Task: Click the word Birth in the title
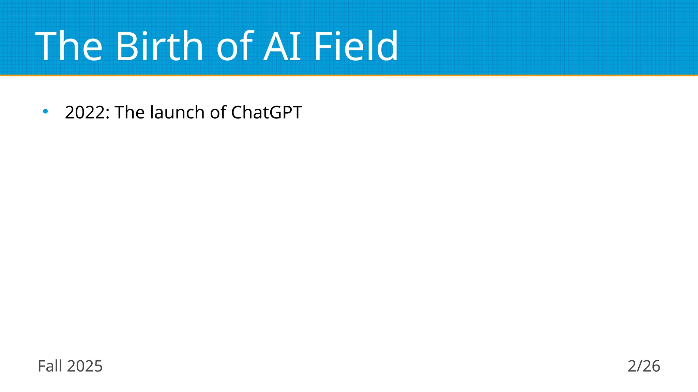tap(160, 46)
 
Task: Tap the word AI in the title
tap(282, 46)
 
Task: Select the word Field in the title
tap(355, 46)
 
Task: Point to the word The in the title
tap(69, 46)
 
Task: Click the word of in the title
tap(235, 46)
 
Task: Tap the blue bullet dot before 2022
tap(45, 111)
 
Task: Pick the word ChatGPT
tap(267, 112)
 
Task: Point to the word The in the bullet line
tap(130, 112)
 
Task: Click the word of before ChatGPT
tap(218, 112)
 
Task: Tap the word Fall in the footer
tap(50, 366)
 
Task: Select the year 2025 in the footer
tap(85, 366)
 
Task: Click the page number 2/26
tap(644, 366)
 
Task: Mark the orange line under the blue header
tap(349, 76)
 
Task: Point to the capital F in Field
tap(322, 46)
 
